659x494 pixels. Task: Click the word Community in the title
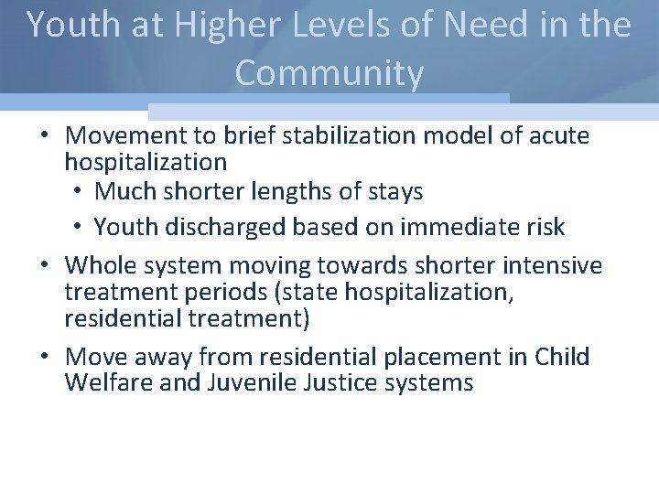click(329, 73)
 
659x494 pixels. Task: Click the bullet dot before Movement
click(44, 137)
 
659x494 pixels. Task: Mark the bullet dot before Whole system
click(44, 266)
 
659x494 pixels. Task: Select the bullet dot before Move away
click(44, 357)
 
